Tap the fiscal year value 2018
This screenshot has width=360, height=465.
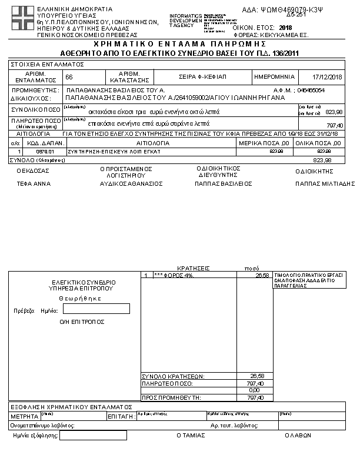point(286,28)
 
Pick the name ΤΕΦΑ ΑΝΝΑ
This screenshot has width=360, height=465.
point(34,183)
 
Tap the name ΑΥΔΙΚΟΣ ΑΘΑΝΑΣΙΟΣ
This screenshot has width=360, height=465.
point(131,183)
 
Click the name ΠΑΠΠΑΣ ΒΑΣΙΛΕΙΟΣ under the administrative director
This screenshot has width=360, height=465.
point(224,183)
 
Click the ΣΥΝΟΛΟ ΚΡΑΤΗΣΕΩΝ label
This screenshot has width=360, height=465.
point(174,376)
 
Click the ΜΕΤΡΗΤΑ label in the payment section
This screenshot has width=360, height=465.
point(24,416)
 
